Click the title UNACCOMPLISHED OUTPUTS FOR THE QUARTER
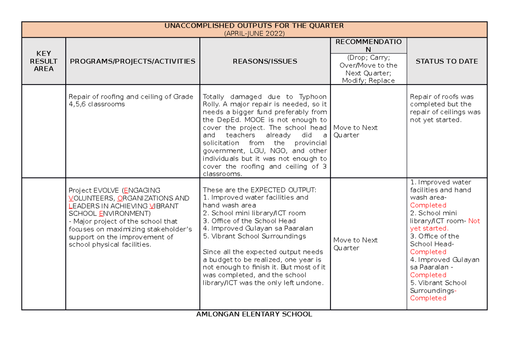click(254, 26)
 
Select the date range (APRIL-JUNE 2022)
click(254, 34)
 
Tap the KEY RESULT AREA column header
click(44, 61)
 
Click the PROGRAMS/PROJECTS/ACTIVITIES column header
click(132, 61)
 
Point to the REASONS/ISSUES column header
click(265, 61)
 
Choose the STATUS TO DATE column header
click(447, 61)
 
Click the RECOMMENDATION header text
click(368, 45)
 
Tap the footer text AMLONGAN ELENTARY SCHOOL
click(254, 315)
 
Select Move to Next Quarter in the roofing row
click(355, 132)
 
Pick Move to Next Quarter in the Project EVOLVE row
click(355, 244)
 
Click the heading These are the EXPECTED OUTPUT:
click(260, 190)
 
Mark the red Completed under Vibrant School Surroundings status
click(428, 298)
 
